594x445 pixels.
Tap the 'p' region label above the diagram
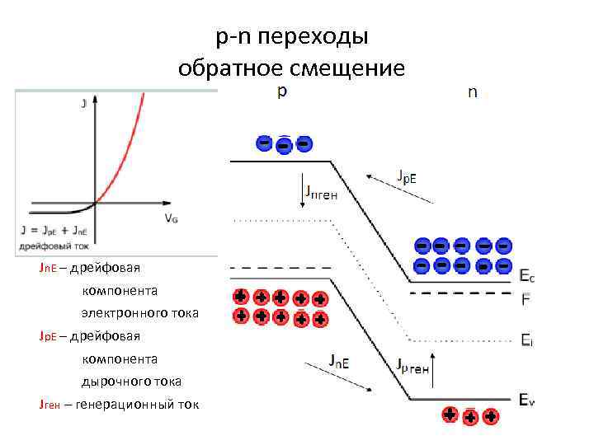281,92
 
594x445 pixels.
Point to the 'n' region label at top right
472,92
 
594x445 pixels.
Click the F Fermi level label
526,298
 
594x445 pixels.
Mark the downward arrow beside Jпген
302,190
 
